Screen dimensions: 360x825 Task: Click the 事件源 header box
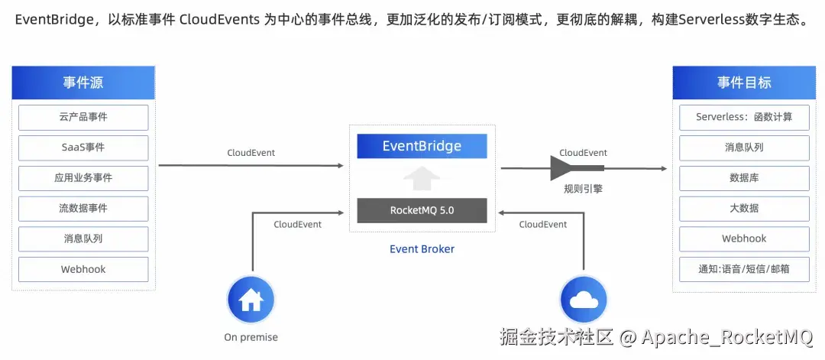pyautogui.click(x=83, y=83)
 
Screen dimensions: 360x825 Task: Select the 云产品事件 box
pyautogui.click(x=83, y=117)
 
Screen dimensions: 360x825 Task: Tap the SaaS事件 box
pyautogui.click(x=83, y=148)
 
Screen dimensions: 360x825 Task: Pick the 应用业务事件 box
pyautogui.click(x=83, y=177)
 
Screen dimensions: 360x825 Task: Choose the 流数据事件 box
pyautogui.click(x=83, y=208)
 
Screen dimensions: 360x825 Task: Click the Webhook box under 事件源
pyautogui.click(x=83, y=269)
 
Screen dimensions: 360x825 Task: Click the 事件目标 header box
pyautogui.click(x=743, y=83)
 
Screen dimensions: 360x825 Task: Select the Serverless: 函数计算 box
pyautogui.click(x=743, y=117)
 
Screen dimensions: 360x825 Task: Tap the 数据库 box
pyautogui.click(x=743, y=177)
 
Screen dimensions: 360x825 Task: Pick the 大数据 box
pyautogui.click(x=743, y=208)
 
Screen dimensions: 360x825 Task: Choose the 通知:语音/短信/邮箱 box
pyautogui.click(x=743, y=269)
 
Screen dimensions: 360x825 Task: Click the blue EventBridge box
pyautogui.click(x=422, y=146)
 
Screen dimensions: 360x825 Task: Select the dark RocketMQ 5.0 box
pyautogui.click(x=422, y=210)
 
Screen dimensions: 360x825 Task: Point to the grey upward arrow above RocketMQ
pyautogui.click(x=422, y=178)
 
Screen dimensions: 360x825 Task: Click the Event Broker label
pyautogui.click(x=422, y=249)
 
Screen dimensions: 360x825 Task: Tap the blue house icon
pyautogui.click(x=251, y=300)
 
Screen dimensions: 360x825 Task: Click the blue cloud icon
pyautogui.click(x=584, y=300)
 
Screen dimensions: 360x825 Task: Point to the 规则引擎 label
pyautogui.click(x=583, y=188)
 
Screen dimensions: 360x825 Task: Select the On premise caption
pyautogui.click(x=251, y=337)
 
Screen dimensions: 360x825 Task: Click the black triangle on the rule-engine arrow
pyautogui.click(x=564, y=167)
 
